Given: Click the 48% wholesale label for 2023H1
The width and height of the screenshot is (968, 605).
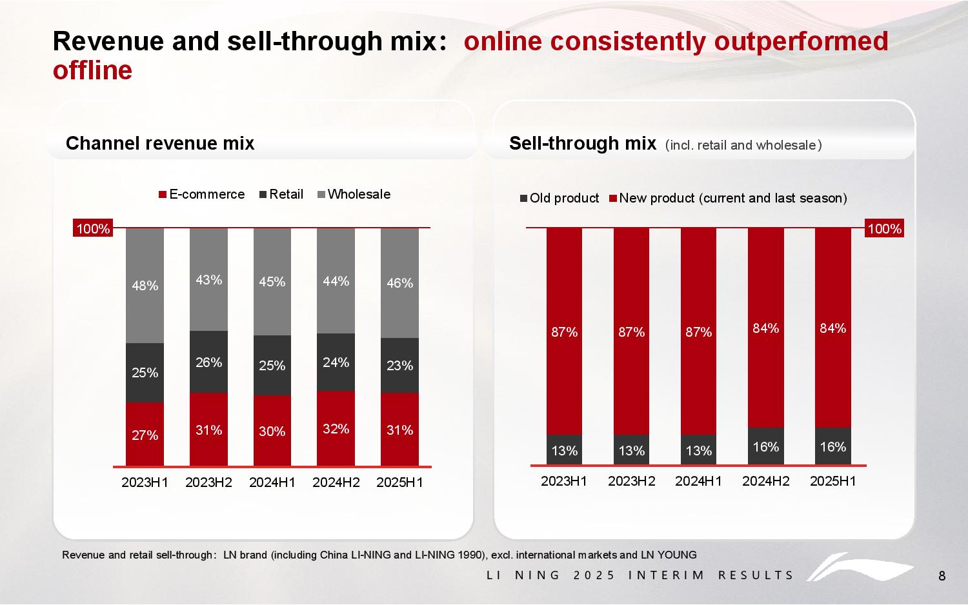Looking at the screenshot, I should pos(145,286).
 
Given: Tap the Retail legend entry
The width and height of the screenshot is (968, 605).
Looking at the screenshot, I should pos(281,194).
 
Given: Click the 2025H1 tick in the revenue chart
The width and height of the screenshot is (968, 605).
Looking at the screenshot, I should pos(399,482).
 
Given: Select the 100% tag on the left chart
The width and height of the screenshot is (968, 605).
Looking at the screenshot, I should pos(94,229).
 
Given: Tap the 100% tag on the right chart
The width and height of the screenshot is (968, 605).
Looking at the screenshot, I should pos(884,229).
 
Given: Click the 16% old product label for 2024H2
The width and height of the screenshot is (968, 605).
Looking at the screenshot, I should pos(765,447).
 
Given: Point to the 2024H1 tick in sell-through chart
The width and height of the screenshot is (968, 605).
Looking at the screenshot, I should pos(698,481).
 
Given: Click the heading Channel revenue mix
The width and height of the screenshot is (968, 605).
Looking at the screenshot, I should pos(160,143).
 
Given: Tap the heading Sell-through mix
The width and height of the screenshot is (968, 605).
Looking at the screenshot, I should pos(582,143).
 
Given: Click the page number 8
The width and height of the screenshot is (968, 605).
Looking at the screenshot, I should pos(942,576).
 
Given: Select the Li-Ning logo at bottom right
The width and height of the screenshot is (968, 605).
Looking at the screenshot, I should pos(862,568).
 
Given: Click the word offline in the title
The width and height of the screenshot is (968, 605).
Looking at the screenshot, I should pos(92,70).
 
